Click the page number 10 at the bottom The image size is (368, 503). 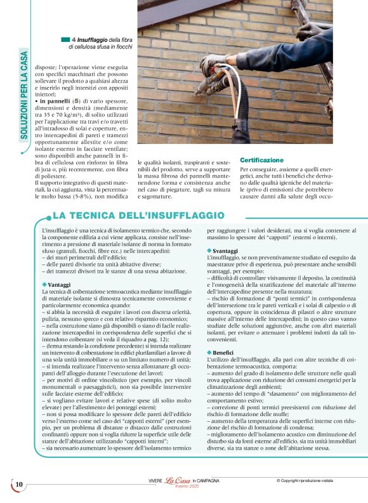coord(19,485)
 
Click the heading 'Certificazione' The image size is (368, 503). coord(261,160)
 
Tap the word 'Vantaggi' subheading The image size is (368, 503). coord(60,285)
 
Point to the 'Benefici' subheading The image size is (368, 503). coord(223,351)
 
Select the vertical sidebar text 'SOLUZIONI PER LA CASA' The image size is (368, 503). coord(24,95)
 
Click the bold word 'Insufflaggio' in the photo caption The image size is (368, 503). coord(96,40)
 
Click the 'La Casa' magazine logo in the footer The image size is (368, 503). coord(178,482)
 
